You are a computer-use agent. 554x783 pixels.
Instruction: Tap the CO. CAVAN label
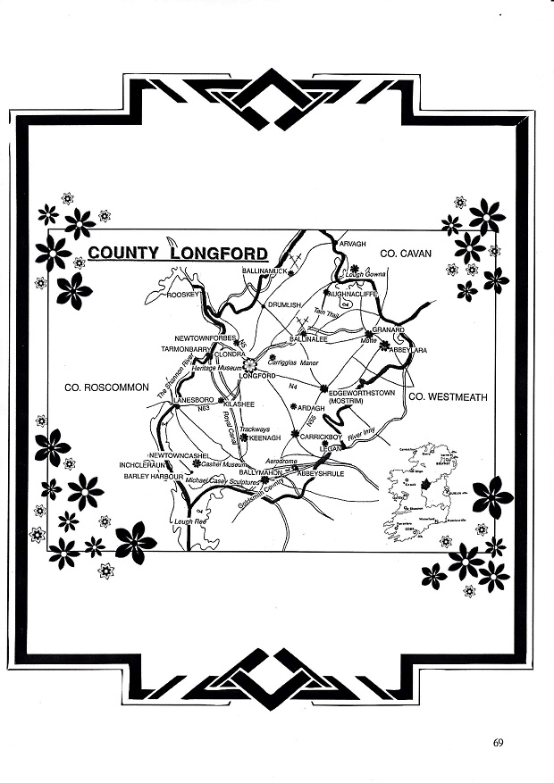point(406,254)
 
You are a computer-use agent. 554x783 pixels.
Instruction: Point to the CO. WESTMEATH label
point(448,396)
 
